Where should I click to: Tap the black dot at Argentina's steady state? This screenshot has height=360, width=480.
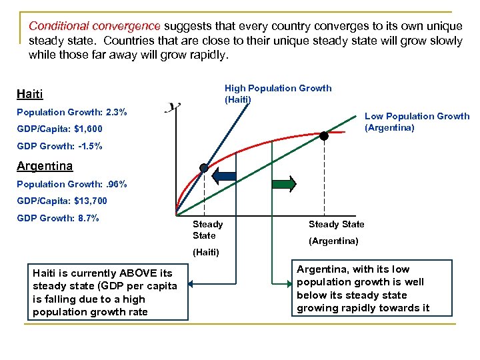click(x=324, y=135)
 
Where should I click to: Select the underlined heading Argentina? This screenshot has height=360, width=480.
click(x=45, y=165)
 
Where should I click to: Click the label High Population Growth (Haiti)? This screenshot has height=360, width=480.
click(x=277, y=93)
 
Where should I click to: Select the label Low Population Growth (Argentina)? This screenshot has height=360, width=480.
click(x=417, y=121)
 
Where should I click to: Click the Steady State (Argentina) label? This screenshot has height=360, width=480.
click(x=336, y=232)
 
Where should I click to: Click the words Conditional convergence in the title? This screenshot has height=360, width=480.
click(x=94, y=26)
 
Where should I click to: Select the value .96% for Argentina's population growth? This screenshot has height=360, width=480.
click(x=115, y=183)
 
